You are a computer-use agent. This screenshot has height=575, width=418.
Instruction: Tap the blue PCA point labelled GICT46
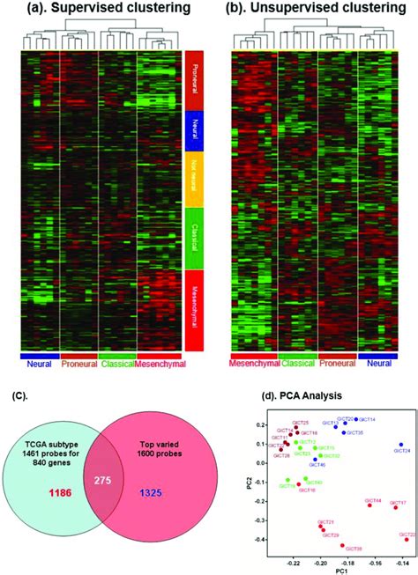tap(315, 460)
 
